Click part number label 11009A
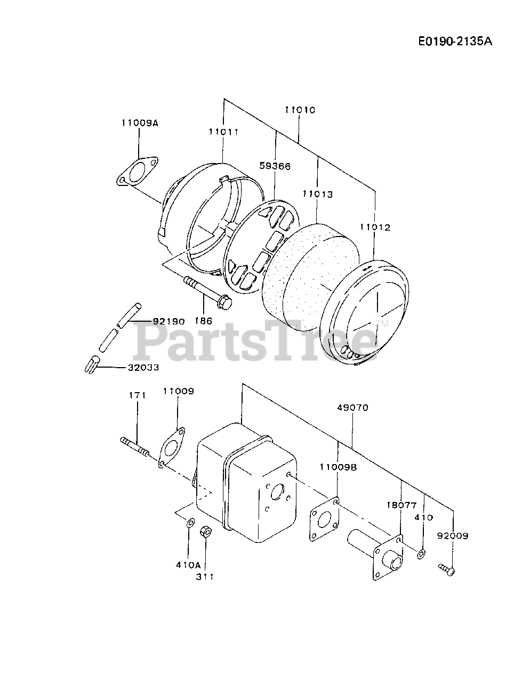140,123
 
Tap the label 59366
275,166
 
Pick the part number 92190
168,321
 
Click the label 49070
352,408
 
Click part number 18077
401,505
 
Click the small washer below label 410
421,555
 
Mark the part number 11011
223,132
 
